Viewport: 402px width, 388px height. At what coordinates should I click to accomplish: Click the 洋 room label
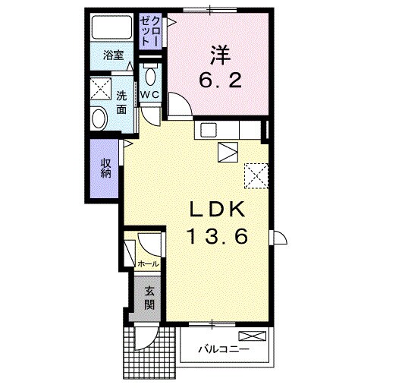pyautogui.click(x=220, y=55)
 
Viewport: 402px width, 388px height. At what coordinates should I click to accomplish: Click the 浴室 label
pyautogui.click(x=111, y=56)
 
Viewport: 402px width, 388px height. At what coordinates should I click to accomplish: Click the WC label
pyautogui.click(x=149, y=94)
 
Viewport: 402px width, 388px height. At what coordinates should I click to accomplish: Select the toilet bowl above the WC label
pyautogui.click(x=149, y=75)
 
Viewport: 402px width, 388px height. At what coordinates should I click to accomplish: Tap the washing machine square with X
pyautogui.click(x=99, y=89)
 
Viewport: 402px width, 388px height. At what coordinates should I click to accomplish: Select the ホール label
pyautogui.click(x=148, y=263)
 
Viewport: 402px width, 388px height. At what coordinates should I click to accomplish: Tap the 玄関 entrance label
pyautogui.click(x=149, y=297)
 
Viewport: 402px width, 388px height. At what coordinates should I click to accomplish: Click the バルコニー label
pyautogui.click(x=219, y=351)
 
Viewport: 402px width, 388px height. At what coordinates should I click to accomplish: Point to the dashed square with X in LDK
pyautogui.click(x=256, y=176)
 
